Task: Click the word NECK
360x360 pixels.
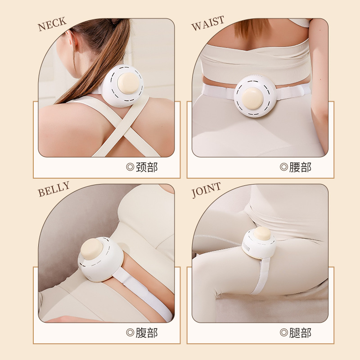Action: pos(52,24)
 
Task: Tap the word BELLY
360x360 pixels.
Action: pos(54,189)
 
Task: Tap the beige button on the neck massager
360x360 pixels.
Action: pos(128,83)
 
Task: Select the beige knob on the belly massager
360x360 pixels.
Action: pos(92,248)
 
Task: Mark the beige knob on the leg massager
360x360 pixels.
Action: pos(262,234)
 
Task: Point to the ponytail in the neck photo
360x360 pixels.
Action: pos(103,54)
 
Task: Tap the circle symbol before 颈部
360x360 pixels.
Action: pos(130,168)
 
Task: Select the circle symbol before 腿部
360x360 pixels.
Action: pos(284,333)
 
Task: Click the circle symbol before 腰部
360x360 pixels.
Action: pos(284,168)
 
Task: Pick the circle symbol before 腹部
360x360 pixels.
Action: pos(130,333)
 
